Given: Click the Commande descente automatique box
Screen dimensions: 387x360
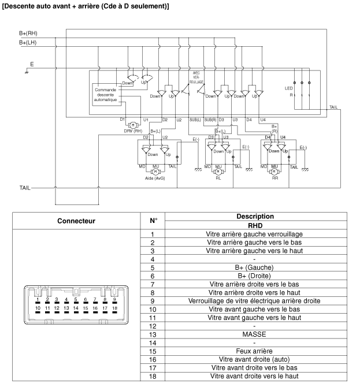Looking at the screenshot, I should [x=105, y=95].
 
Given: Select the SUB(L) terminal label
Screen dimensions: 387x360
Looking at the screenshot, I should [x=195, y=120].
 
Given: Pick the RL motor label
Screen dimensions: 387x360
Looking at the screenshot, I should [x=218, y=178].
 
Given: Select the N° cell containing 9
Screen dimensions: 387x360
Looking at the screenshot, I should [x=152, y=300].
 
